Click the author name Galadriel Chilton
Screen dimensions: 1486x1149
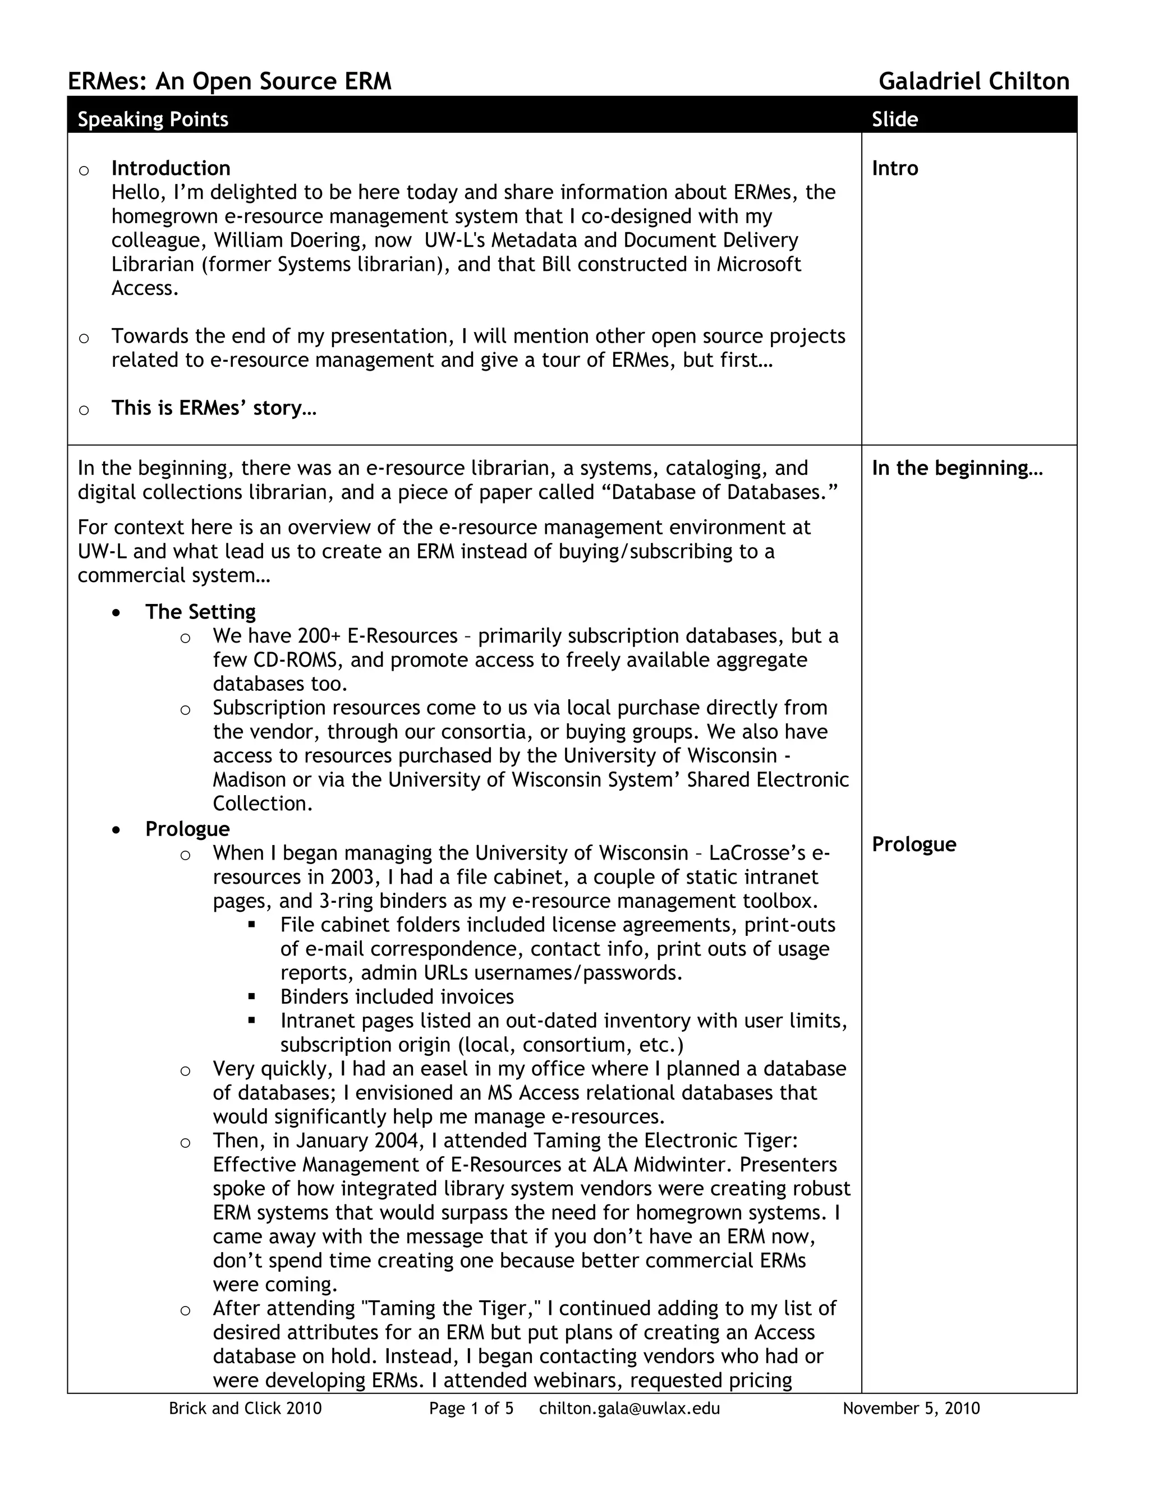coord(973,82)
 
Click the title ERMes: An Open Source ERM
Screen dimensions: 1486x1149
coord(229,82)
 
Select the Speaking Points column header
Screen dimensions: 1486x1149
coord(153,120)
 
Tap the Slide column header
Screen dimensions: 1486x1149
coord(894,120)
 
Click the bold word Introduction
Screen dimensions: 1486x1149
coord(171,168)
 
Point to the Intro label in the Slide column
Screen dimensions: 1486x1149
coord(894,168)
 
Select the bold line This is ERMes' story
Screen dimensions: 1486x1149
coord(214,408)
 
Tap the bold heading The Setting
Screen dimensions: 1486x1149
coord(200,612)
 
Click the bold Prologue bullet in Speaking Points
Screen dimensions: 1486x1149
coord(187,829)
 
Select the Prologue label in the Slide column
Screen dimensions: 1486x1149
coord(913,844)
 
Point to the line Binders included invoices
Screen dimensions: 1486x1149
coord(397,997)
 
